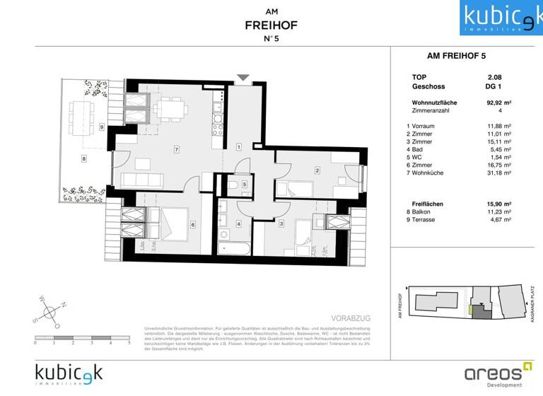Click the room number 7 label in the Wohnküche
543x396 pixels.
click(175, 149)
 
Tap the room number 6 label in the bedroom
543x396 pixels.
click(192, 225)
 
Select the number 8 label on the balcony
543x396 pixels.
click(83, 159)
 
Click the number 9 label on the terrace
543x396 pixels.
click(102, 127)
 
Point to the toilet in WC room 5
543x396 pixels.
click(234, 186)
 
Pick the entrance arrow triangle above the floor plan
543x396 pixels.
click(243, 77)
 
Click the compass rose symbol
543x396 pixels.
click(49, 310)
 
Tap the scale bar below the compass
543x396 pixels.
click(82, 342)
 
